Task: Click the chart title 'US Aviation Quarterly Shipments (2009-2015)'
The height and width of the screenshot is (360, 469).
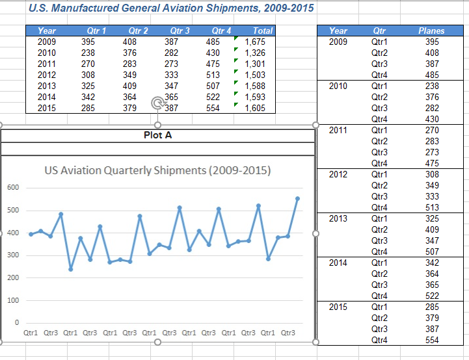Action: (x=157, y=171)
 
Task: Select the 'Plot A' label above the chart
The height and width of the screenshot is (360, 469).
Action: (x=157, y=135)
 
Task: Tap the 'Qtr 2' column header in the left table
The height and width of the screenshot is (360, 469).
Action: (x=139, y=31)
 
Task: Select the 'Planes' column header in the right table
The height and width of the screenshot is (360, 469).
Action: (x=431, y=31)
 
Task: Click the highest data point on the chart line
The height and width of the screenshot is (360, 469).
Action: (x=298, y=199)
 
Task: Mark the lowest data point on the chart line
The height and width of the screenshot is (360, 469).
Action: (x=70, y=269)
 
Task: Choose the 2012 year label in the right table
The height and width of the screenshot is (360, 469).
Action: (x=338, y=174)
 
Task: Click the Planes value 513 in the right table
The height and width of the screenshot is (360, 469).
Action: (x=431, y=207)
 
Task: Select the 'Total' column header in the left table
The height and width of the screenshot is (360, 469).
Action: (x=263, y=31)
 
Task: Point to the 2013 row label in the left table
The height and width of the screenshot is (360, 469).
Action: (x=47, y=86)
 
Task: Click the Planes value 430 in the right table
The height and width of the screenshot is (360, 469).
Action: (x=431, y=119)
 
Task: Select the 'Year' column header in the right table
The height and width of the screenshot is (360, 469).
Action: (x=338, y=31)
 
